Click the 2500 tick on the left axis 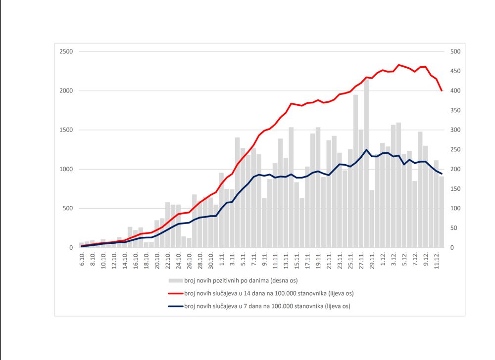(66, 52)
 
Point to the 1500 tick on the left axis (66, 130)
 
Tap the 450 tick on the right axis (455, 71)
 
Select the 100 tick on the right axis (455, 208)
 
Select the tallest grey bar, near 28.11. (366, 163)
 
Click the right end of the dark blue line (441, 174)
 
